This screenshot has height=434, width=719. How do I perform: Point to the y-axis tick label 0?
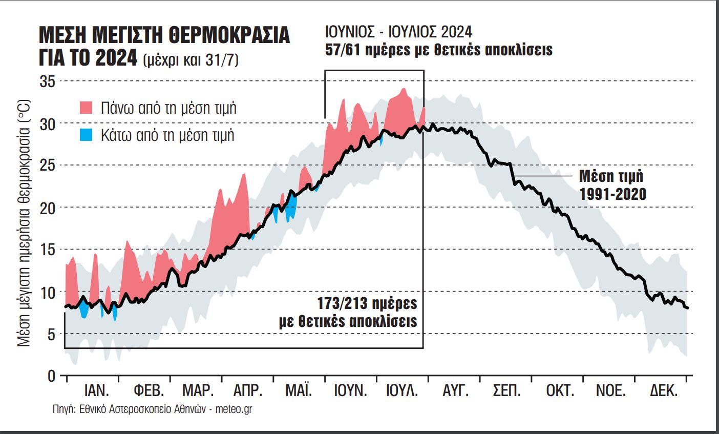point(51,376)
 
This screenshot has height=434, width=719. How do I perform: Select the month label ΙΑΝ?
point(97,391)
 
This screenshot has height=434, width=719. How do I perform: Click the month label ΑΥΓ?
point(455,391)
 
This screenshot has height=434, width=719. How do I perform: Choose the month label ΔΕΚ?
point(664,391)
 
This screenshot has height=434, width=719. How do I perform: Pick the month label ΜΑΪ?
point(299,391)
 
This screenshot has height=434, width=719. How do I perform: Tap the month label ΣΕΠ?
point(506,391)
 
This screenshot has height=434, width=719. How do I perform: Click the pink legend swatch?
point(86,108)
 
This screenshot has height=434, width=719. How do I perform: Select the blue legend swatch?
point(86,135)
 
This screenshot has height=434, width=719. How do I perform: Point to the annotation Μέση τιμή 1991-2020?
point(612,185)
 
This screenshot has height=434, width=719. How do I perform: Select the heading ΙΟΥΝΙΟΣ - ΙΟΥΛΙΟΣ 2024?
point(398,32)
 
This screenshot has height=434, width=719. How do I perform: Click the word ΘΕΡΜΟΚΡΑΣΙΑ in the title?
point(228,35)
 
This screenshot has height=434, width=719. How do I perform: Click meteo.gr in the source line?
point(234,409)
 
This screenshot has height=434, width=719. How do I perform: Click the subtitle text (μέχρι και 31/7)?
point(191,60)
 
